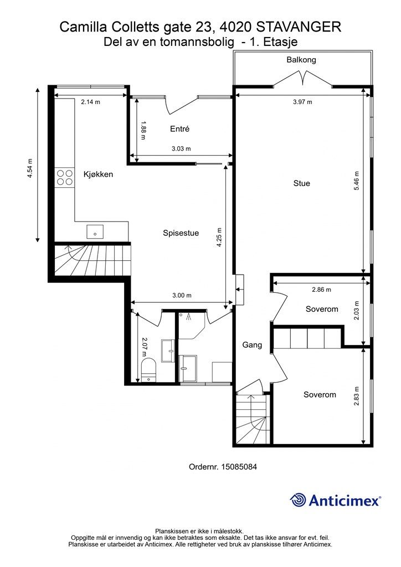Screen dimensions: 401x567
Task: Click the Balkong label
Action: tap(301, 60)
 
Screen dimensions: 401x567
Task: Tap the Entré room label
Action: tap(179, 128)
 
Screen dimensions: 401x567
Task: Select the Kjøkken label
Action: tap(98, 174)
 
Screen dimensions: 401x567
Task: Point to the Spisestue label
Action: tap(181, 233)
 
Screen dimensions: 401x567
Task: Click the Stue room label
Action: tap(301, 183)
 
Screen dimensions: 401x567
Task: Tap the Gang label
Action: tap(252, 345)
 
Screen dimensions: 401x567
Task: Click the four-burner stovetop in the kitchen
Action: tap(65, 178)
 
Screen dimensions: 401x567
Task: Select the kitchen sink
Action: tap(95, 231)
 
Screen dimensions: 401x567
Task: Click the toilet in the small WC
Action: tap(148, 369)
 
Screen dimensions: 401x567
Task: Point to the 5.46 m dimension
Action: tap(357, 181)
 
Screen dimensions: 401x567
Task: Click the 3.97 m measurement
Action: tap(302, 102)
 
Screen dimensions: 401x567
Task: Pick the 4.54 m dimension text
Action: tap(30, 168)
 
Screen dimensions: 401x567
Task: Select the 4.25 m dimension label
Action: tap(219, 237)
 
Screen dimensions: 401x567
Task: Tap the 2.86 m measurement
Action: tap(321, 290)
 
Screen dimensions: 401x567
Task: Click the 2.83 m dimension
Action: tap(357, 396)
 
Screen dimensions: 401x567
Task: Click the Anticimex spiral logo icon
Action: tap(298, 500)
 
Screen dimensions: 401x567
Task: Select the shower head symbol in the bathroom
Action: tap(188, 317)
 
